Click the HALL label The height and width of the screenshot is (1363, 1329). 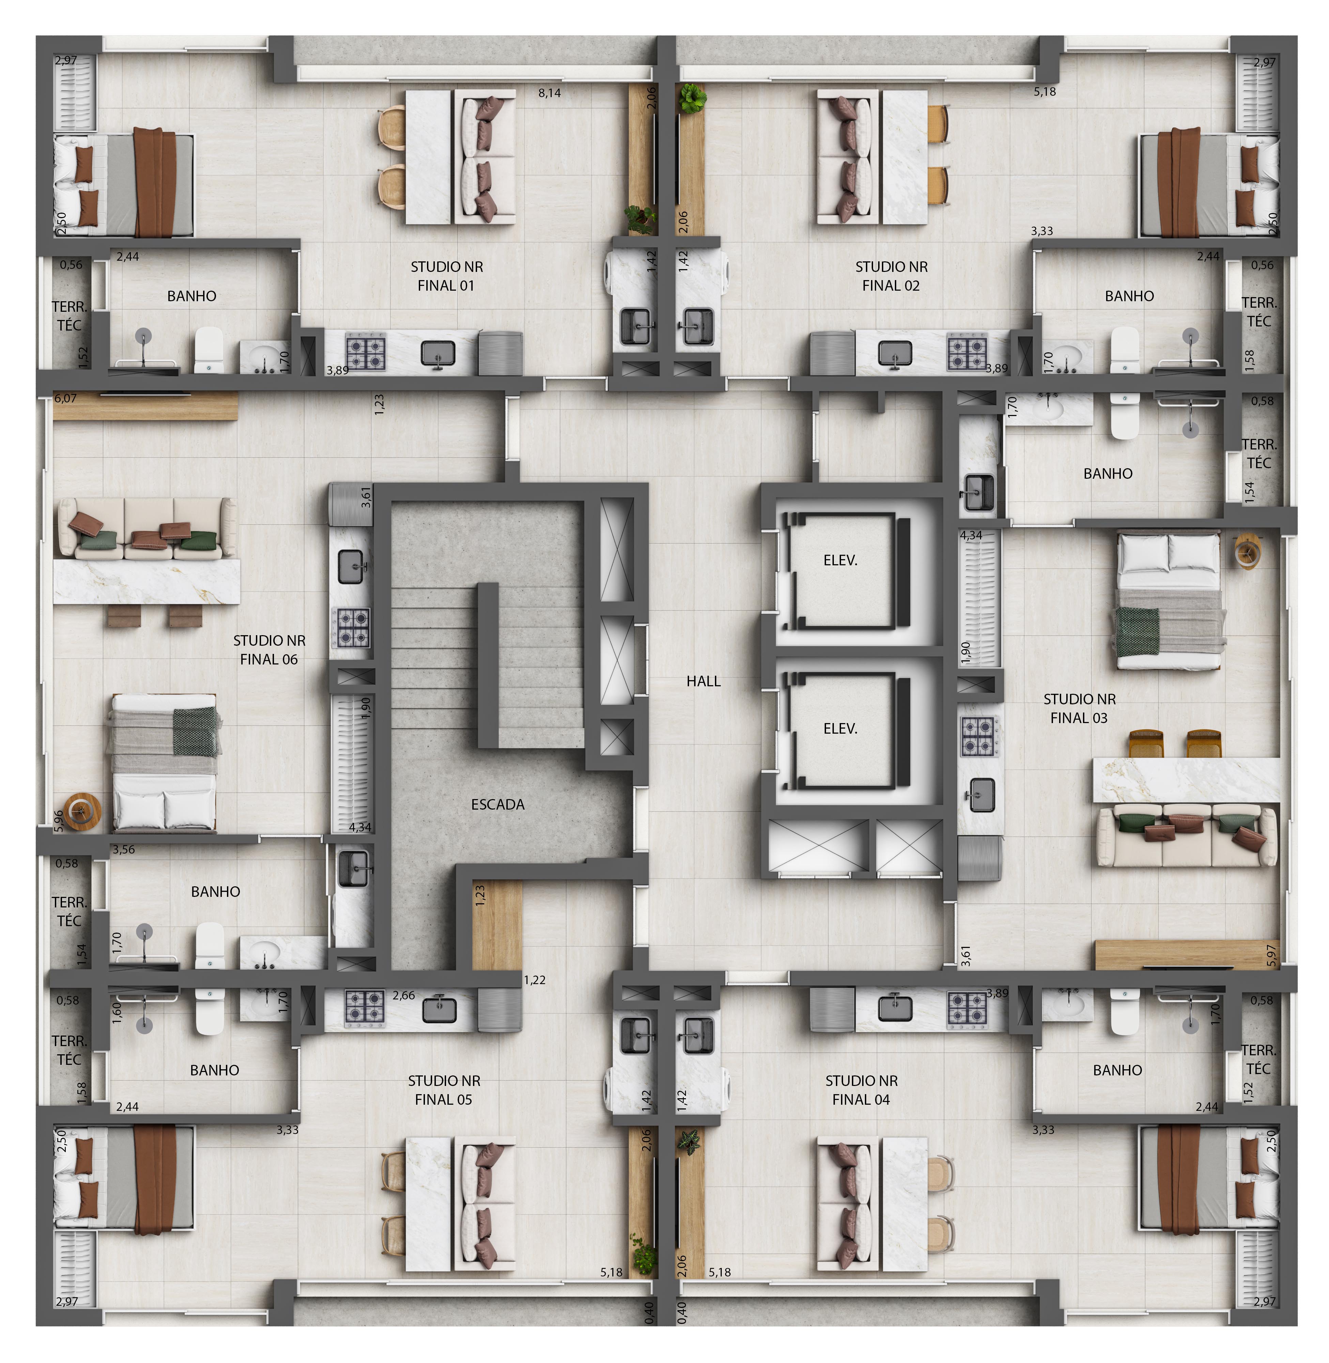click(703, 681)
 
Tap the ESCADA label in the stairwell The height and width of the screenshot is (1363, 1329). click(498, 805)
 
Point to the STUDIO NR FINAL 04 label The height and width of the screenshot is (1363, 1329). click(861, 1090)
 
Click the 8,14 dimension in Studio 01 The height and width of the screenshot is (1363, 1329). click(549, 93)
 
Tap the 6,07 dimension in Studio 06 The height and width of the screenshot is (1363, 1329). click(66, 398)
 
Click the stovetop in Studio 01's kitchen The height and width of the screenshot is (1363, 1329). click(366, 352)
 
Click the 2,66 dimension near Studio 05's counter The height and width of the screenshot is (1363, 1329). click(403, 995)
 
